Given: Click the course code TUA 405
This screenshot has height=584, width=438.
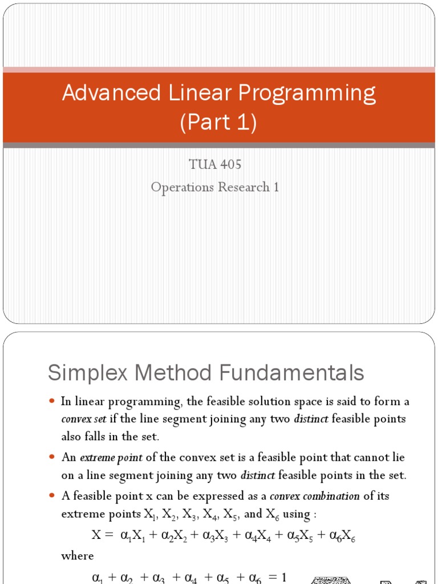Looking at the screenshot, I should point(215,165).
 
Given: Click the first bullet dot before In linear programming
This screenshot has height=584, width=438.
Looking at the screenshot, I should point(52,401).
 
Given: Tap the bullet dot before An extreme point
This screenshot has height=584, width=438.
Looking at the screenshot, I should point(52,457).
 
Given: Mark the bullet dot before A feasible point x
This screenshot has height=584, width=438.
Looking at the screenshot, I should point(52,496).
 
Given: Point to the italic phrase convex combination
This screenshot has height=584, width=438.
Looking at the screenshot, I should point(314,496).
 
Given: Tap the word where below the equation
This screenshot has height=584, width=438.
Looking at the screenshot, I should point(78,555).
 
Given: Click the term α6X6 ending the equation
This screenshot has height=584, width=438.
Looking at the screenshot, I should point(341,536).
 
